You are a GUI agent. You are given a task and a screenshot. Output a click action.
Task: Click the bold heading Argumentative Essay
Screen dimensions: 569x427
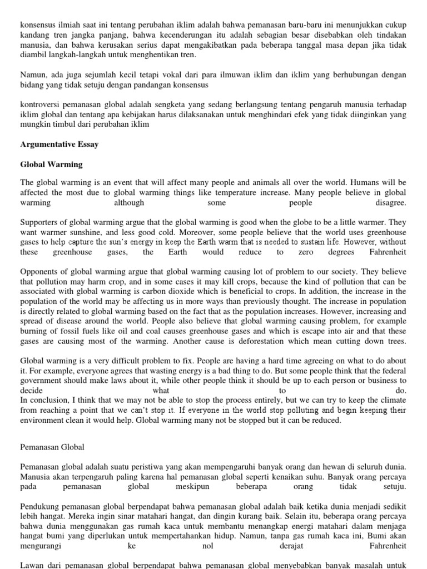coord(59,144)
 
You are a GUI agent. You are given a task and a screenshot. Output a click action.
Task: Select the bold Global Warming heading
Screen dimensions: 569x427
coord(51,164)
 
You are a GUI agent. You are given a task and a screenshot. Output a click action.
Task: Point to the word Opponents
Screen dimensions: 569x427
coord(40,271)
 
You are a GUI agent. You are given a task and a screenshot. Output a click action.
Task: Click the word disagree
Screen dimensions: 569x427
coord(390,203)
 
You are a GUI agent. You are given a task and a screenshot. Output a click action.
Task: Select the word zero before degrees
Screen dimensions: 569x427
coord(312,252)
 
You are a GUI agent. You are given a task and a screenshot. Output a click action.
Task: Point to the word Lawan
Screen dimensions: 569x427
coord(32,565)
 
